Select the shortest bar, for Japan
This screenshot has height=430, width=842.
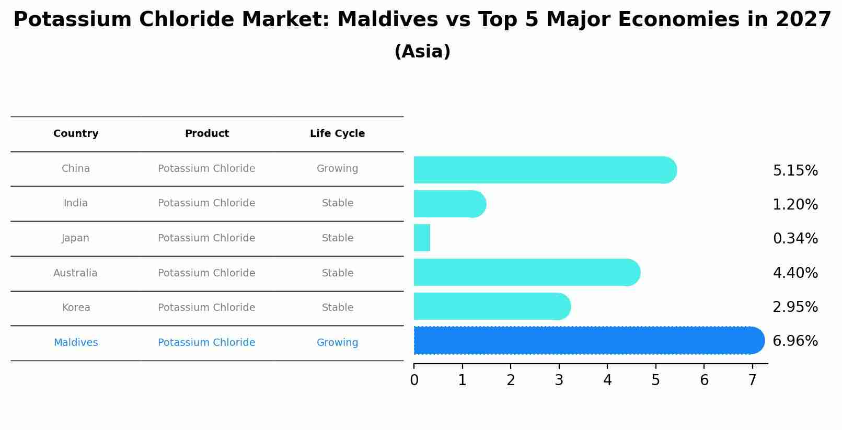tap(422, 238)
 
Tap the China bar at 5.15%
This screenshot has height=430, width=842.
tap(544, 170)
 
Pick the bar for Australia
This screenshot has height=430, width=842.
tap(525, 272)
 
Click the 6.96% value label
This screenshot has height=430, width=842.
tap(795, 341)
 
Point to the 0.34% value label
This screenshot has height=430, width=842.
tap(795, 239)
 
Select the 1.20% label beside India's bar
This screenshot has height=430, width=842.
tap(795, 205)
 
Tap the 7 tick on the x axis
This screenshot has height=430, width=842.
tap(752, 380)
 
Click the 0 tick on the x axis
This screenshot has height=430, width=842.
tap(414, 380)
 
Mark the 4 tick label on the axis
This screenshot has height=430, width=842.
tap(607, 380)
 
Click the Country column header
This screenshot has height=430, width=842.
tap(76, 134)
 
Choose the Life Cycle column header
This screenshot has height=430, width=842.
tap(337, 134)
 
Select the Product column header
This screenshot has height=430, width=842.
tap(206, 134)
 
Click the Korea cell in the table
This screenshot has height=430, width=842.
tap(76, 308)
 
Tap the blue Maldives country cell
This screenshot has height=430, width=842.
tap(76, 343)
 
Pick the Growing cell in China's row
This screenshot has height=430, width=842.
tap(337, 169)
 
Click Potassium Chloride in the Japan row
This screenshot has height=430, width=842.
tap(206, 238)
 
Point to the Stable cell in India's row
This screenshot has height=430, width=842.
tap(337, 203)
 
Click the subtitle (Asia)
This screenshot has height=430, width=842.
tap(422, 52)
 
